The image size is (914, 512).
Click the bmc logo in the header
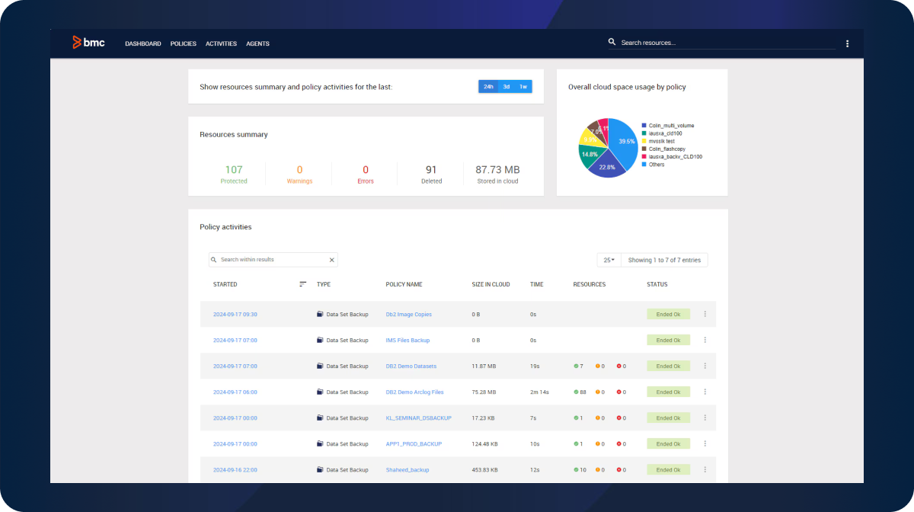click(x=88, y=43)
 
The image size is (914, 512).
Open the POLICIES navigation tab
click(x=183, y=43)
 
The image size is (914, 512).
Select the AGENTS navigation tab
click(x=257, y=43)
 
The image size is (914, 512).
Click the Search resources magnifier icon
click(x=612, y=42)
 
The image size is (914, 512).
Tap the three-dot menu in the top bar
click(x=847, y=43)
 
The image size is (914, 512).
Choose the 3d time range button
click(x=506, y=86)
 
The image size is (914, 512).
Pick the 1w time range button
click(x=523, y=86)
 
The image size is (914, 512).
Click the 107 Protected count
click(x=234, y=170)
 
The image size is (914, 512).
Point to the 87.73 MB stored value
click(x=497, y=170)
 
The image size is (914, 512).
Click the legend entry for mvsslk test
click(x=661, y=141)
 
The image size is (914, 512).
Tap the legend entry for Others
click(x=656, y=165)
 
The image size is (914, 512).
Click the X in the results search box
click(x=331, y=260)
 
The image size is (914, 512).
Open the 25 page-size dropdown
click(x=609, y=260)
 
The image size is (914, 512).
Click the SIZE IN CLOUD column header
click(x=491, y=284)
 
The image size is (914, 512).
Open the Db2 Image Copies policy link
click(x=409, y=314)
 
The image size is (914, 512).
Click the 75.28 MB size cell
click(x=484, y=392)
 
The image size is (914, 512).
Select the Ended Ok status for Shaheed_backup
click(x=668, y=469)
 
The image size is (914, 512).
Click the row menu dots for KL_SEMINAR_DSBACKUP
click(x=705, y=418)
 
